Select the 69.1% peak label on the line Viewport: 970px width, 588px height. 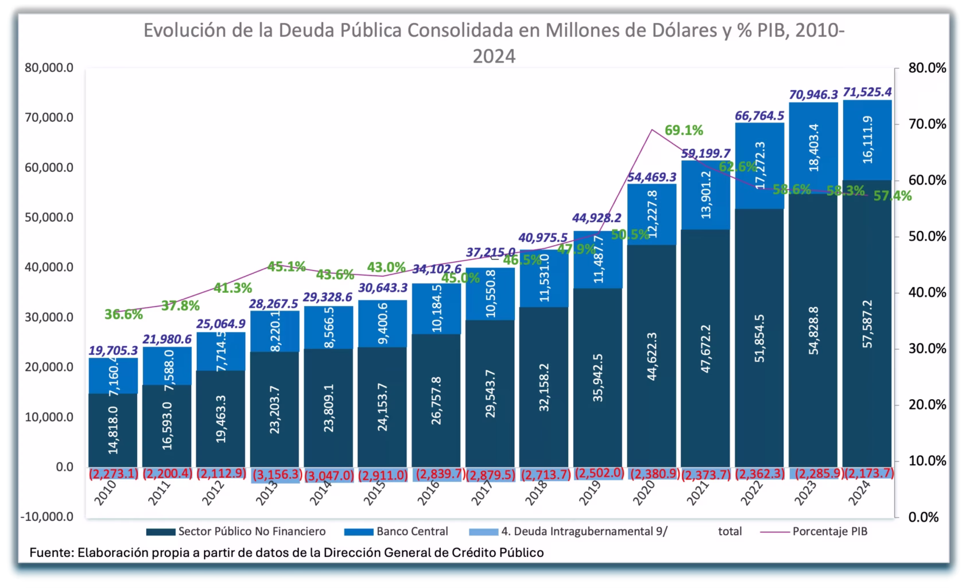tap(684, 130)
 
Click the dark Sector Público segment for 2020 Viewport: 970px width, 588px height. tap(651, 356)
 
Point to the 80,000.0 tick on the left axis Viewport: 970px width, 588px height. tap(49, 68)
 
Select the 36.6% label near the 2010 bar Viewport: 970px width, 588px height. tap(123, 314)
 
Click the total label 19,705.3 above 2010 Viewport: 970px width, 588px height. tap(113, 350)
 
